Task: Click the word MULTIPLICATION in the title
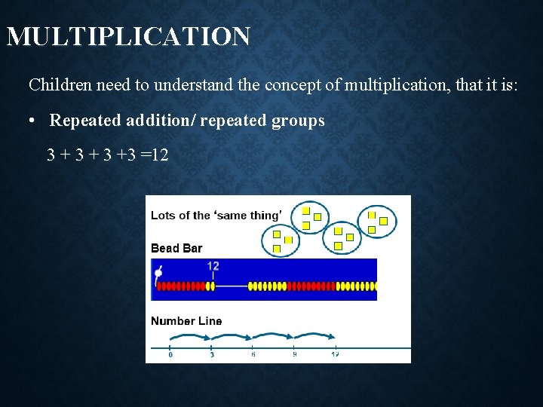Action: [128, 36]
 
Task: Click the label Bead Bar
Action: [176, 249]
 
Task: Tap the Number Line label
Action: [186, 321]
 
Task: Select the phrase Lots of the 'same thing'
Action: [215, 216]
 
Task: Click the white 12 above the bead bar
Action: [213, 266]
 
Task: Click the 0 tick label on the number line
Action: [170, 355]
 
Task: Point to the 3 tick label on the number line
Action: [212, 355]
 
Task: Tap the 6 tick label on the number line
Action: [253, 355]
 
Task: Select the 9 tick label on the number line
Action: [295, 355]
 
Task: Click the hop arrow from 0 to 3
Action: [191, 336]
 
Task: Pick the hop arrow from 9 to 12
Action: [315, 336]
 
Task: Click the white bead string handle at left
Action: [157, 274]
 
